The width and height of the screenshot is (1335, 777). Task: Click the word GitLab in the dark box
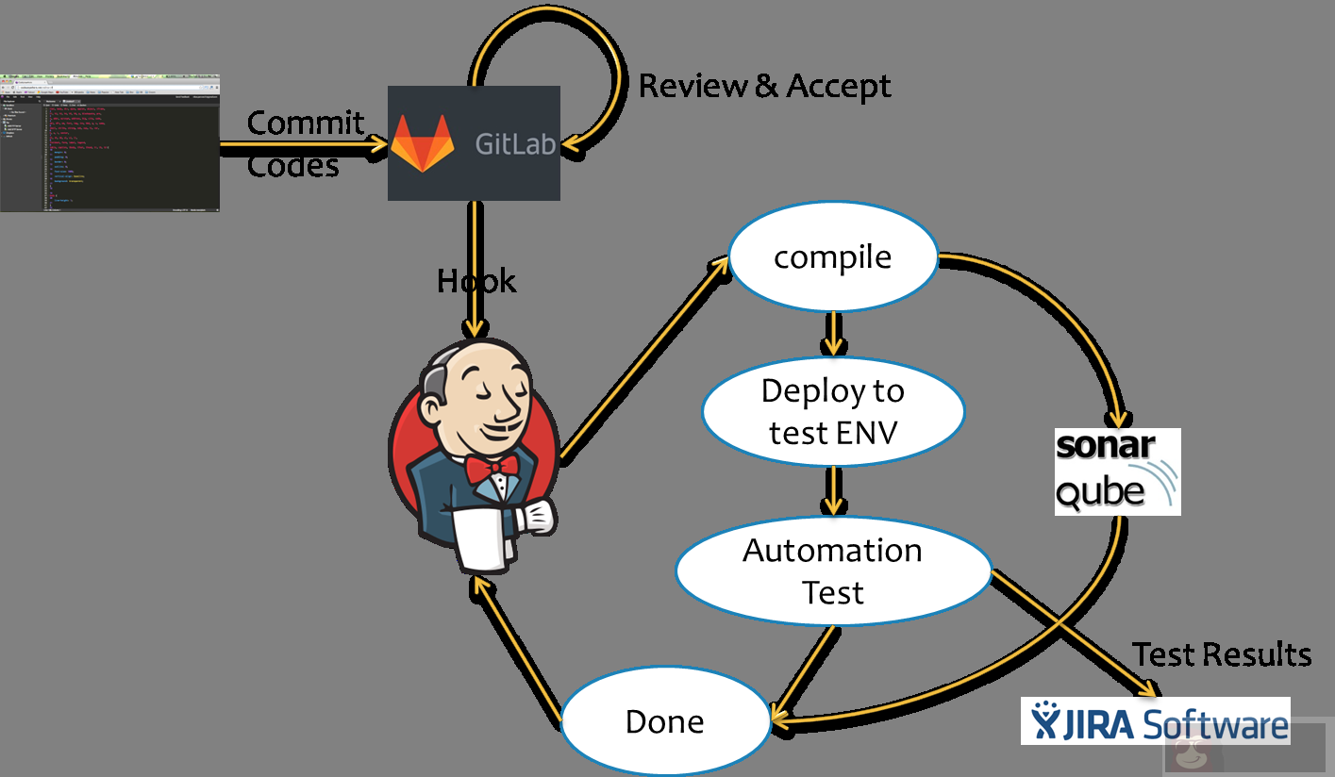[x=515, y=145]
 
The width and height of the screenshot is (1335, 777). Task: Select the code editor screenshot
[x=109, y=142]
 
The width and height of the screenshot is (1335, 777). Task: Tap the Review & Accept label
[x=764, y=86]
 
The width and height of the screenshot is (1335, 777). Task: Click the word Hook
[x=476, y=281]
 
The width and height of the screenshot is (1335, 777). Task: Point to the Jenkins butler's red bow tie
[x=492, y=466]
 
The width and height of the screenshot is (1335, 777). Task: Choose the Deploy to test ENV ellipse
[x=833, y=411]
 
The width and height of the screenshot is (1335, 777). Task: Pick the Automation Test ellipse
[x=833, y=571]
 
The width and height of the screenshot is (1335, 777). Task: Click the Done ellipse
[x=665, y=722]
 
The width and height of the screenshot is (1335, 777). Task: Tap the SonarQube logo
[x=1117, y=471]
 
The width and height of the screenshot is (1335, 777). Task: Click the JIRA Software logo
[x=1155, y=721]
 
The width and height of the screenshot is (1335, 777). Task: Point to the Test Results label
[x=1222, y=654]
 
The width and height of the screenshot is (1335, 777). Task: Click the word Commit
[x=305, y=123]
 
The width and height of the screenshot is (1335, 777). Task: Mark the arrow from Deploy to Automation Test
[x=832, y=489]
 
